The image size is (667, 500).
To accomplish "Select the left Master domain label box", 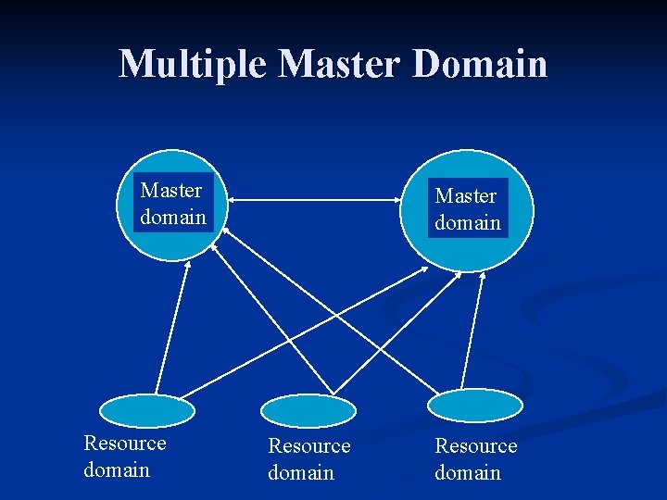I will (x=172, y=204).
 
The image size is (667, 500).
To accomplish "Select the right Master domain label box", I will (x=468, y=209).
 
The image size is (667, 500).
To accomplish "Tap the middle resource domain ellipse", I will (x=308, y=410).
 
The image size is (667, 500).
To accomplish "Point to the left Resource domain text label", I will (x=125, y=456).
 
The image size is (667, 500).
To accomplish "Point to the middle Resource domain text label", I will (x=308, y=459).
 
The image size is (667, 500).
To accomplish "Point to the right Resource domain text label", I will (x=476, y=459).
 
